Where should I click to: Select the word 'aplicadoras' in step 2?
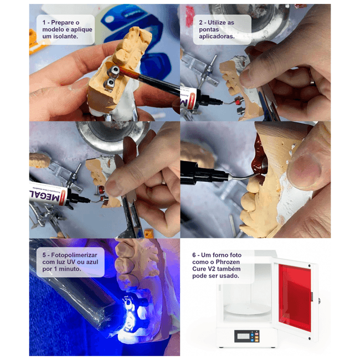[217, 37]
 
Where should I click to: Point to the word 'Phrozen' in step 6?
[228, 262]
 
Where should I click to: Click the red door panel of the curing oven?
[295, 297]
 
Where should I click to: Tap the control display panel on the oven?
[247, 336]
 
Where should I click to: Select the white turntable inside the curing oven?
[247, 309]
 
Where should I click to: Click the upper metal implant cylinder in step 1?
[113, 70]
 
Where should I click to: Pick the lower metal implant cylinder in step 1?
[110, 84]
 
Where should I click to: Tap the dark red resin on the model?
[259, 160]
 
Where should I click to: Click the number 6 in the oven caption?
[194, 255]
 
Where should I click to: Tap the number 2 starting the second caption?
[201, 23]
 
